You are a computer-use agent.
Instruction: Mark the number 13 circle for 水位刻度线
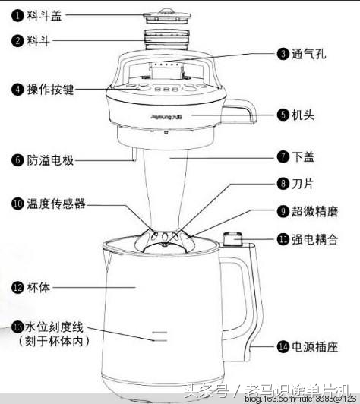pos(17,327)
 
